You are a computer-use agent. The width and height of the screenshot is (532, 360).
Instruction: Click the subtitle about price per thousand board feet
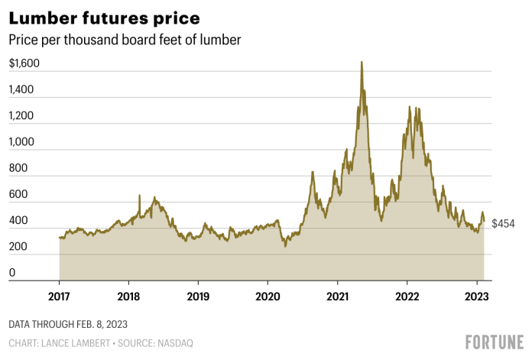point(125,40)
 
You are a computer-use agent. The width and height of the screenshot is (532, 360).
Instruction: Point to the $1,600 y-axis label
point(24,63)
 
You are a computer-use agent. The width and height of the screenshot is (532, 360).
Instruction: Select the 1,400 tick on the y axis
point(21,89)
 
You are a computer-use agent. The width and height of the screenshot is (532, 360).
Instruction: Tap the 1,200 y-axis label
point(21,116)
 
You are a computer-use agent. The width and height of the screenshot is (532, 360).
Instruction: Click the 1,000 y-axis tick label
point(21,142)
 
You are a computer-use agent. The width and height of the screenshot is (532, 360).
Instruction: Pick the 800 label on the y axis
point(18,168)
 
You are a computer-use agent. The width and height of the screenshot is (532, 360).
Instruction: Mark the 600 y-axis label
point(18,195)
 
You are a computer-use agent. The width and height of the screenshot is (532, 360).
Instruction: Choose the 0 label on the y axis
point(12,273)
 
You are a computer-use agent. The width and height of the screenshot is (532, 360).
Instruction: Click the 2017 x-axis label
point(60,296)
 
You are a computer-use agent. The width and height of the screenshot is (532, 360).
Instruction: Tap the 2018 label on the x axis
point(128,296)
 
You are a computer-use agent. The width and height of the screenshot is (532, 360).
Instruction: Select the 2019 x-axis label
point(198,296)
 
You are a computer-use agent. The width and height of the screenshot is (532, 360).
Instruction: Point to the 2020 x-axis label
point(268,296)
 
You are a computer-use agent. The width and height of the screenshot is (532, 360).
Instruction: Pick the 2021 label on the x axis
point(338,296)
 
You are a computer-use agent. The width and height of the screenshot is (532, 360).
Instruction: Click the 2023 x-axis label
point(477,296)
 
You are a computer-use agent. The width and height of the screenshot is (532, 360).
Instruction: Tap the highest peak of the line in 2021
point(362,62)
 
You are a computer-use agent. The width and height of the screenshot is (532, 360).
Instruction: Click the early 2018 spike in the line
point(139,196)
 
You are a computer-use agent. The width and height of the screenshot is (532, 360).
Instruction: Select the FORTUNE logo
point(494,342)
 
